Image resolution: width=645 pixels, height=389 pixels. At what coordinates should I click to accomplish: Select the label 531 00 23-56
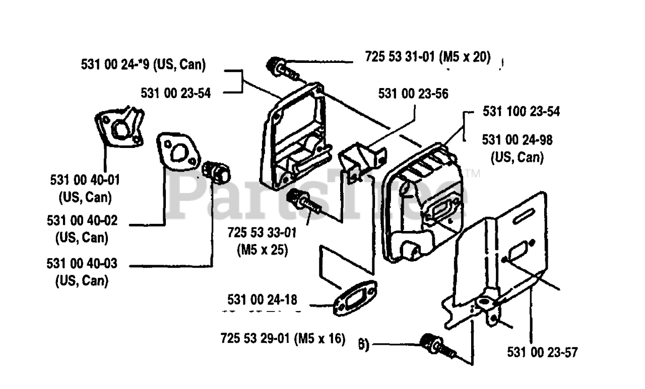[413, 93]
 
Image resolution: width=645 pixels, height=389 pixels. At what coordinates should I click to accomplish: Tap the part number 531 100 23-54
[521, 112]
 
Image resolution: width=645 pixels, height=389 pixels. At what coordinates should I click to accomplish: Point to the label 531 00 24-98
[517, 140]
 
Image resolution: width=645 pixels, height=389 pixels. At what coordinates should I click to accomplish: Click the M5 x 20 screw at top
[280, 67]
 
